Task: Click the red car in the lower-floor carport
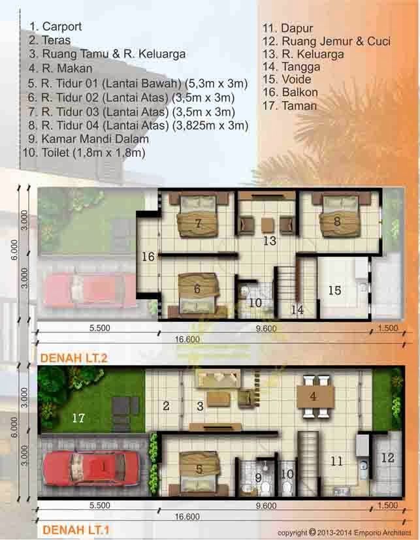[x=91, y=468]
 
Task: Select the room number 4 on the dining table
[x=313, y=396]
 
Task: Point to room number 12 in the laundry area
[x=388, y=458]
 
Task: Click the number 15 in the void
[x=334, y=290]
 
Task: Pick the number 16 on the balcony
[x=148, y=257]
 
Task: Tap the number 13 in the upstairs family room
[x=270, y=241]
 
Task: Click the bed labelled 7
[x=198, y=222]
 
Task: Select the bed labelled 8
[x=336, y=221]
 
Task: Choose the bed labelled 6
[x=198, y=287]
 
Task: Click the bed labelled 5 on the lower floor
[x=199, y=468]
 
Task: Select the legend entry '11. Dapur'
[x=287, y=28]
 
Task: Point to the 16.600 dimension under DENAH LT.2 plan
[x=187, y=340]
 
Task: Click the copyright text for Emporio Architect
[x=344, y=533]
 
